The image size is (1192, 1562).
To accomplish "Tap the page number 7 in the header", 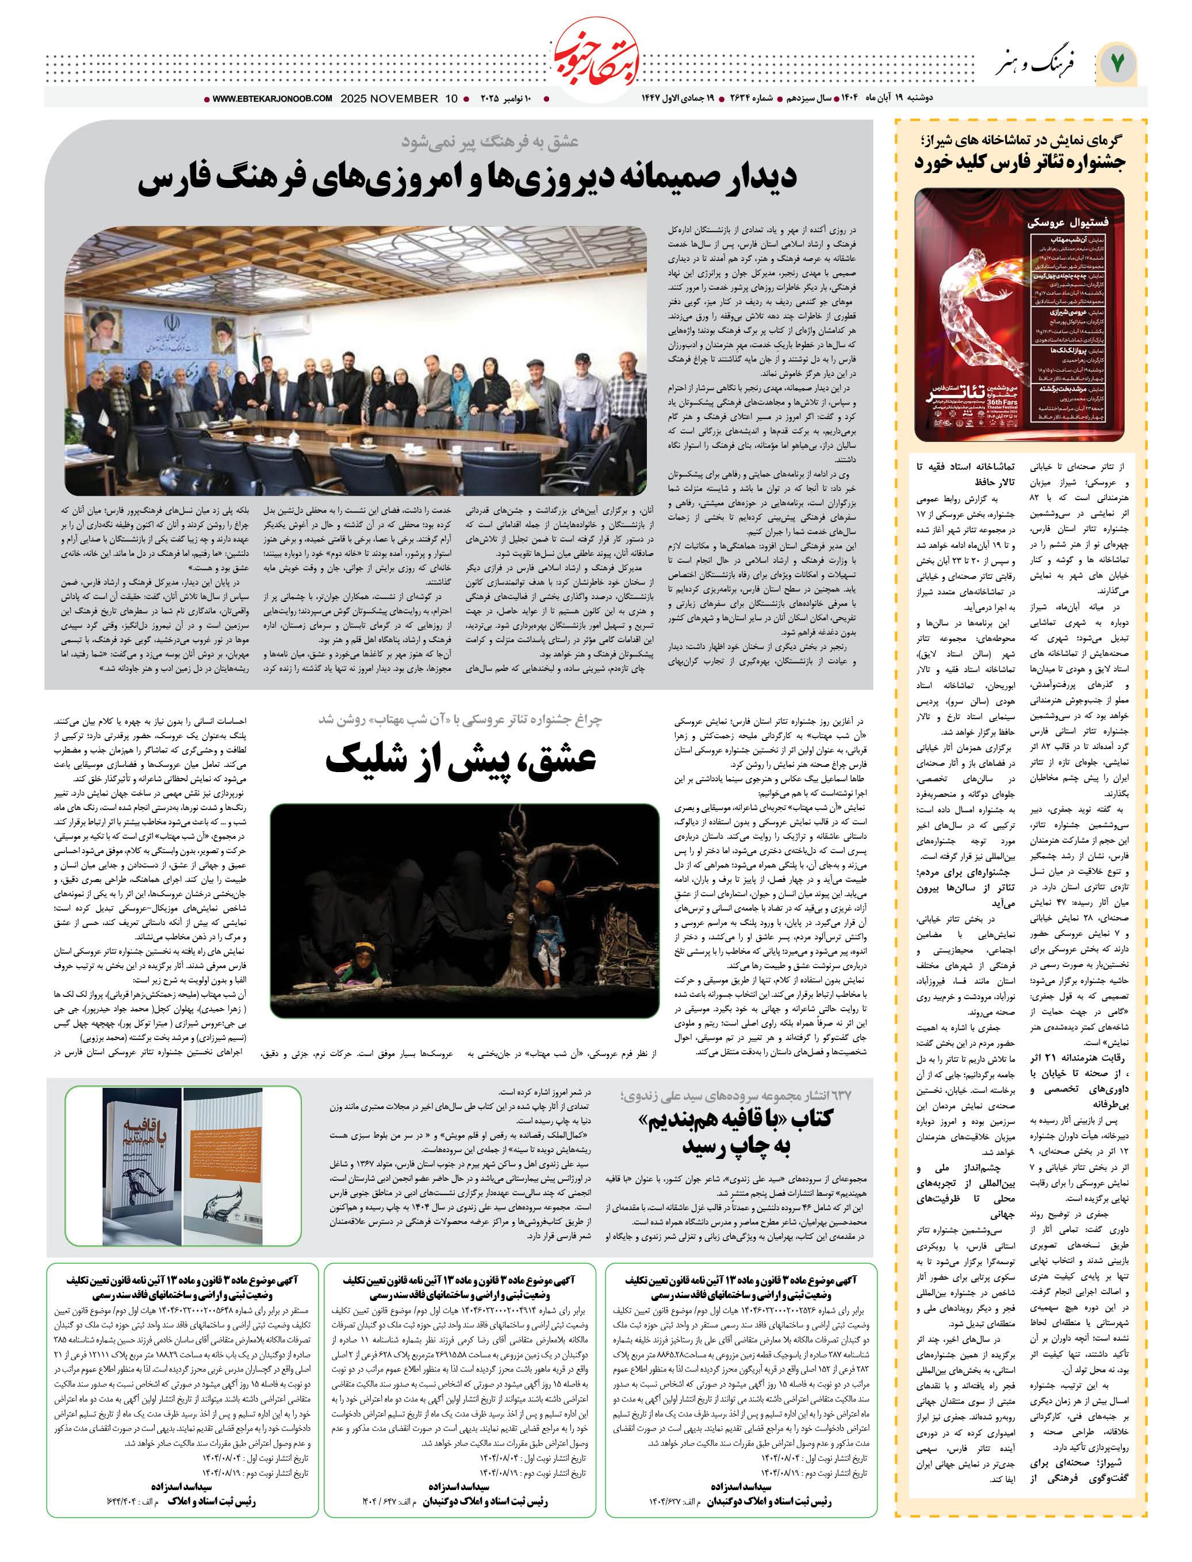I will point(1117,63).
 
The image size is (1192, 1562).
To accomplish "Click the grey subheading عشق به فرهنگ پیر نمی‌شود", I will point(489,142).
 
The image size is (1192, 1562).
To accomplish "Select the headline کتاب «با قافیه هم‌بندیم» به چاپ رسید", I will point(736,1132).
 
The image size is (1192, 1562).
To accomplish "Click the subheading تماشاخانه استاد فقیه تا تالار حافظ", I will point(965,474).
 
